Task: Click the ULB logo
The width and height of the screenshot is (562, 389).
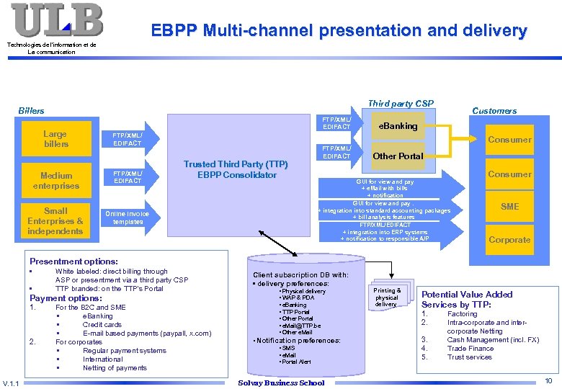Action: point(57,20)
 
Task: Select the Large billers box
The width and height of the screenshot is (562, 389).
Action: point(55,139)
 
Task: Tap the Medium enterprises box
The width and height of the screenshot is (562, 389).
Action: point(56,181)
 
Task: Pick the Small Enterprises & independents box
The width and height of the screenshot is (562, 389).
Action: point(55,221)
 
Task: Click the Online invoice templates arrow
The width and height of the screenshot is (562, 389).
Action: point(128,218)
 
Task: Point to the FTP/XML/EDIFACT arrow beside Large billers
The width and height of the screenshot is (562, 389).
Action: point(128,139)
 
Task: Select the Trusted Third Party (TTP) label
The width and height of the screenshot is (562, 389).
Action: point(236,164)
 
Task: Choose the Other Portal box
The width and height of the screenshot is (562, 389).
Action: point(398,156)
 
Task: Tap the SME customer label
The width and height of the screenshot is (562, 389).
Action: point(509,207)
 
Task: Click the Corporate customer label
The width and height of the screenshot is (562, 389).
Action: point(509,240)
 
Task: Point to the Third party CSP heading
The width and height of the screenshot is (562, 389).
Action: point(401,104)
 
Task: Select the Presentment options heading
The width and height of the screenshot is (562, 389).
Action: point(73,261)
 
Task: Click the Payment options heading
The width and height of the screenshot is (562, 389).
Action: point(66,298)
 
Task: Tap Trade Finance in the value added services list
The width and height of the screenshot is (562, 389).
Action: point(470,349)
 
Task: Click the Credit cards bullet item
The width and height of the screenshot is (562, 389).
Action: point(102,325)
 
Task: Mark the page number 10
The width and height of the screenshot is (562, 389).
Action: point(548,380)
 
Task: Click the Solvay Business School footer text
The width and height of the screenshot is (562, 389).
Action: point(281,383)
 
